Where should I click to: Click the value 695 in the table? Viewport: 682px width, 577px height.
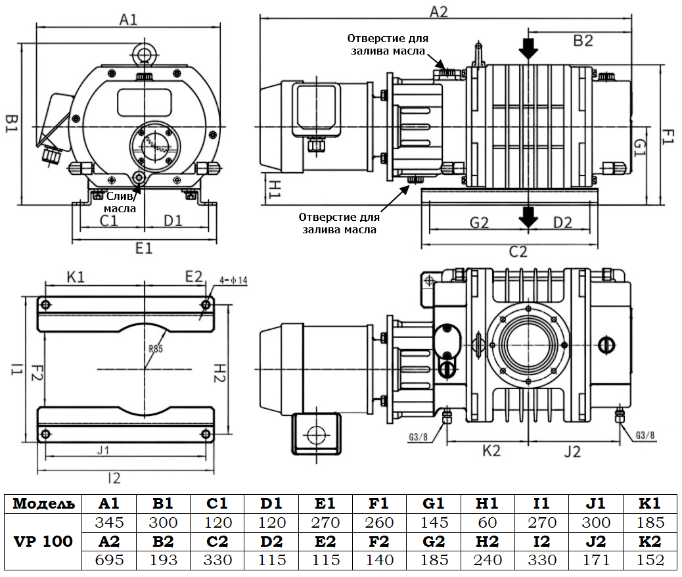[x=109, y=560]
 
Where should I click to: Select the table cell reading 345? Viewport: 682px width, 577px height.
[x=109, y=523]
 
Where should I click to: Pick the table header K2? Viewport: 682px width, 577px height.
[x=650, y=542]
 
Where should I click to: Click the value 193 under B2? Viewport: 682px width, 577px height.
[x=163, y=560]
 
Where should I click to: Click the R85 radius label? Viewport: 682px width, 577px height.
[x=155, y=349]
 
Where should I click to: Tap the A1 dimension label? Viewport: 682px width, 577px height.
[x=129, y=20]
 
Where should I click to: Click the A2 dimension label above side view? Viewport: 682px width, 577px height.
[x=438, y=11]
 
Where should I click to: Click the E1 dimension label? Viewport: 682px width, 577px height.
[x=144, y=248]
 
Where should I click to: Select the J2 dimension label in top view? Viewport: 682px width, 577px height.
[x=573, y=451]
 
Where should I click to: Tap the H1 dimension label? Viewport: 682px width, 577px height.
[x=273, y=189]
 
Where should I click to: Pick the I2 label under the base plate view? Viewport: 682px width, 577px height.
[x=114, y=478]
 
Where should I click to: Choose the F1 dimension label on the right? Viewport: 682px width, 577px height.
[x=668, y=137]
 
